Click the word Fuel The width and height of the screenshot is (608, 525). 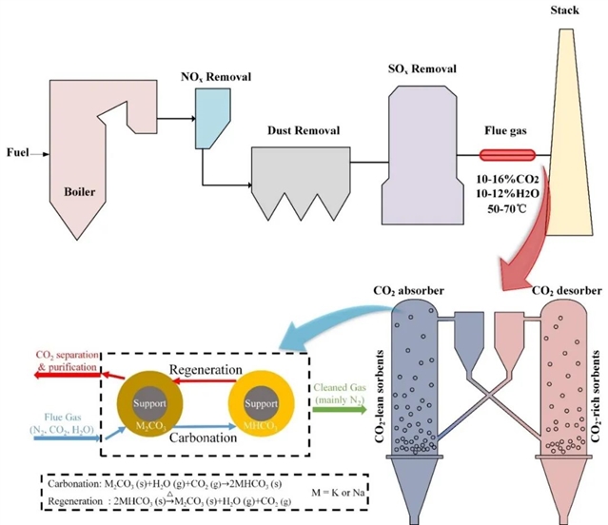tap(17, 152)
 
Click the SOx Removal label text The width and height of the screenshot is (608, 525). tap(423, 68)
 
